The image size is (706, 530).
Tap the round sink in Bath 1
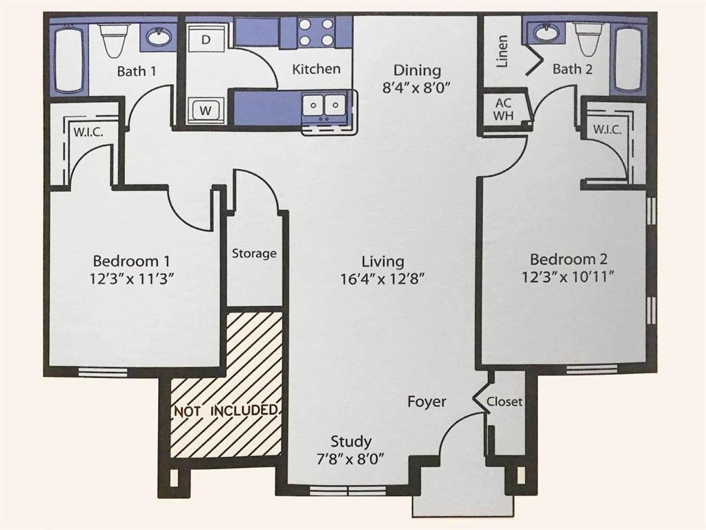[x=158, y=37]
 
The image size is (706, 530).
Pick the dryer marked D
[x=205, y=40]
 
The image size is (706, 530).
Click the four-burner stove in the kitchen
[x=316, y=32]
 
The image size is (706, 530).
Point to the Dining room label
[x=417, y=70]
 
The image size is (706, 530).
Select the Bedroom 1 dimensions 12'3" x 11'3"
[x=132, y=279]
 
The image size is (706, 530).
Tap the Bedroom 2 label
[x=568, y=259]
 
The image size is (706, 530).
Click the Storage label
[x=254, y=253]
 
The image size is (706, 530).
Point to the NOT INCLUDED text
[x=226, y=411]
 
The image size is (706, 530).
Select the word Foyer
[x=426, y=402]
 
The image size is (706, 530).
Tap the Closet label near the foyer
[x=504, y=402]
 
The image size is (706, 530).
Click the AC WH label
[x=503, y=109]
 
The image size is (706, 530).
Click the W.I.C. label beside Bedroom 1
[x=88, y=132]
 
